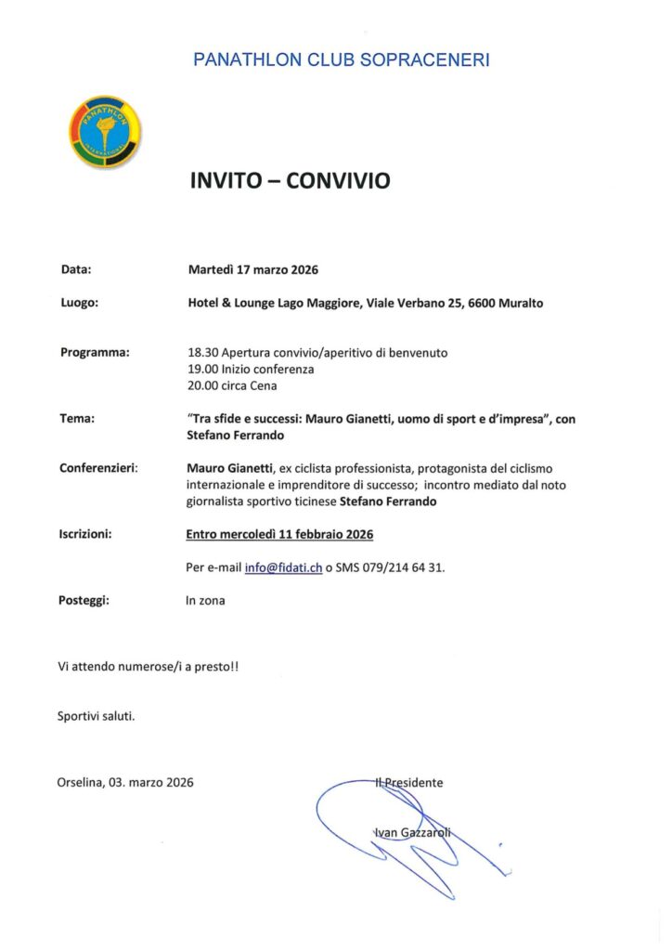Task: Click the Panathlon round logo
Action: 106,130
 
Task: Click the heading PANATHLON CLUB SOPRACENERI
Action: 341,60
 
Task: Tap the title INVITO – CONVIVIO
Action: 290,181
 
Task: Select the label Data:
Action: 76,270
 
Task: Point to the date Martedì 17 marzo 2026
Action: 252,270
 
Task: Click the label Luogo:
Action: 80,302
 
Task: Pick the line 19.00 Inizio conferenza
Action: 251,369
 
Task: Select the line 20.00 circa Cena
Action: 232,385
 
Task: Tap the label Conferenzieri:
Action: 99,468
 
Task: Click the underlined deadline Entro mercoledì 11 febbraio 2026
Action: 279,534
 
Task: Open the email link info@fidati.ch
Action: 283,567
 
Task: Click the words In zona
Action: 205,601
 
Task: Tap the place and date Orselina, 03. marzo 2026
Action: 125,783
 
